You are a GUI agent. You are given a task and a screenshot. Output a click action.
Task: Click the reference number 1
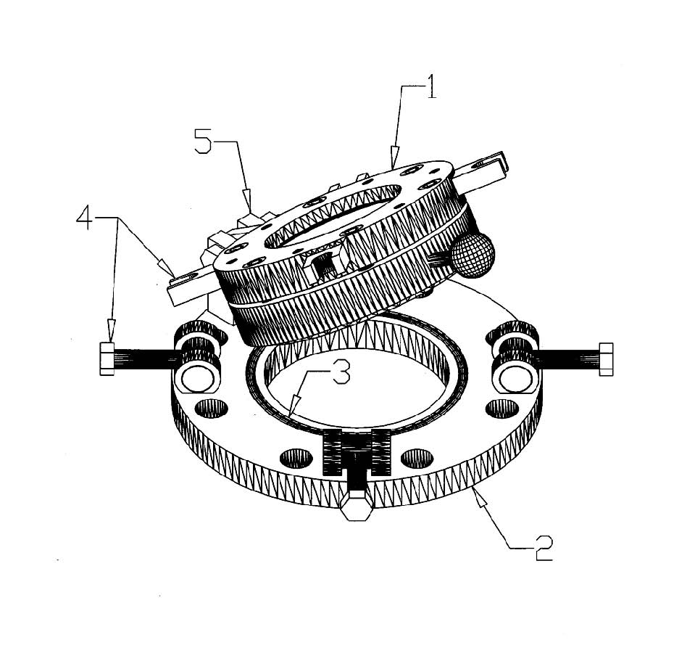click(430, 86)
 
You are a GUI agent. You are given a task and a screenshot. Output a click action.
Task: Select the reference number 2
click(544, 548)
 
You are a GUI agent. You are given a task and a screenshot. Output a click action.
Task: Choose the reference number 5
click(203, 141)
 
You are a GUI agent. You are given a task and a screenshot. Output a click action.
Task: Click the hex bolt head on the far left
click(107, 359)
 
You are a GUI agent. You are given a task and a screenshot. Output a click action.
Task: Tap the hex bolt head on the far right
click(605, 359)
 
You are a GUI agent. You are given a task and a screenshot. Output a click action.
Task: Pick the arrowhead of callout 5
click(248, 200)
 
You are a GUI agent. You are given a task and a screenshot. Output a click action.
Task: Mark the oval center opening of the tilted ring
click(333, 216)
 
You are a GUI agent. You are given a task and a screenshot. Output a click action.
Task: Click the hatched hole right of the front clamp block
click(417, 458)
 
